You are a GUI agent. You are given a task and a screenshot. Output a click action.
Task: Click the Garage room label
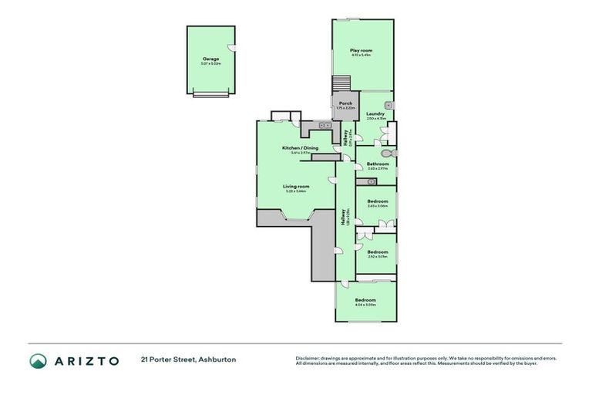tap(210, 59)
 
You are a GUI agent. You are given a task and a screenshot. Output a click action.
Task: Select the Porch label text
tap(346, 103)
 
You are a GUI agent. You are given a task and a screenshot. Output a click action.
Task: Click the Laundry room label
tap(375, 114)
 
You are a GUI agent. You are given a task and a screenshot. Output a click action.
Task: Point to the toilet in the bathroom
tap(391, 154)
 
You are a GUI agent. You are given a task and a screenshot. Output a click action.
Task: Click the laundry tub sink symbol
tap(389, 104)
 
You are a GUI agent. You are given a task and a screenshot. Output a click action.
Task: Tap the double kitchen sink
tap(326, 125)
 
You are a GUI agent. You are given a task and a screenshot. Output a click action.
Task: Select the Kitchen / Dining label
tap(300, 147)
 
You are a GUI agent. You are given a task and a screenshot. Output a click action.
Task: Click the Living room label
tap(296, 186)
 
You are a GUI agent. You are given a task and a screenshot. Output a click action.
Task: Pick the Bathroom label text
tap(378, 163)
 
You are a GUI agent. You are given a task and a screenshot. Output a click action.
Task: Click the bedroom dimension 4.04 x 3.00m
tap(365, 305)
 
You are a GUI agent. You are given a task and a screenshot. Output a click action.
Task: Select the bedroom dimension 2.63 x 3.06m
tap(378, 206)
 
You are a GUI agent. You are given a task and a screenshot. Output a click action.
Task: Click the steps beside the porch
tap(340, 83)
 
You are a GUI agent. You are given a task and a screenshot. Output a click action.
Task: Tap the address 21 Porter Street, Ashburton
tap(188, 360)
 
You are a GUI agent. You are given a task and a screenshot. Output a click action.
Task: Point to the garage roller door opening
tap(210, 94)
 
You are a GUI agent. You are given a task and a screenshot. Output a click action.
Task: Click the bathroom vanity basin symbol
tap(371, 182)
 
